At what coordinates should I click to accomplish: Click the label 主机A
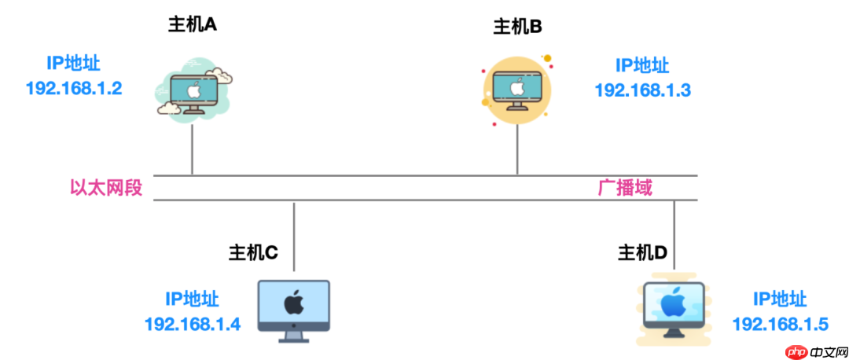coord(193,24)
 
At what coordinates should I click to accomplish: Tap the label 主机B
coord(517,28)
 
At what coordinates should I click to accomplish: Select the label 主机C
coord(253,252)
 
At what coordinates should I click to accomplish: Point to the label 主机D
coord(642,252)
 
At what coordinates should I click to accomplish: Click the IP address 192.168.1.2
coord(74,87)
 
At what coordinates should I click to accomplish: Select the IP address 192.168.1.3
coord(642,89)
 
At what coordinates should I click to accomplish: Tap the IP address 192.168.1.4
coord(192,324)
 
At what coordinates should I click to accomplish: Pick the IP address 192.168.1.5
coord(780,324)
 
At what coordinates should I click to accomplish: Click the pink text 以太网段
coord(106,189)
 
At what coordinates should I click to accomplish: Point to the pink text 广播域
coord(625,189)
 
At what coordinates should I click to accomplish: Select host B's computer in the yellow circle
coord(516,89)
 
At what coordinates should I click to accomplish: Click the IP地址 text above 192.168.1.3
coord(642,64)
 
